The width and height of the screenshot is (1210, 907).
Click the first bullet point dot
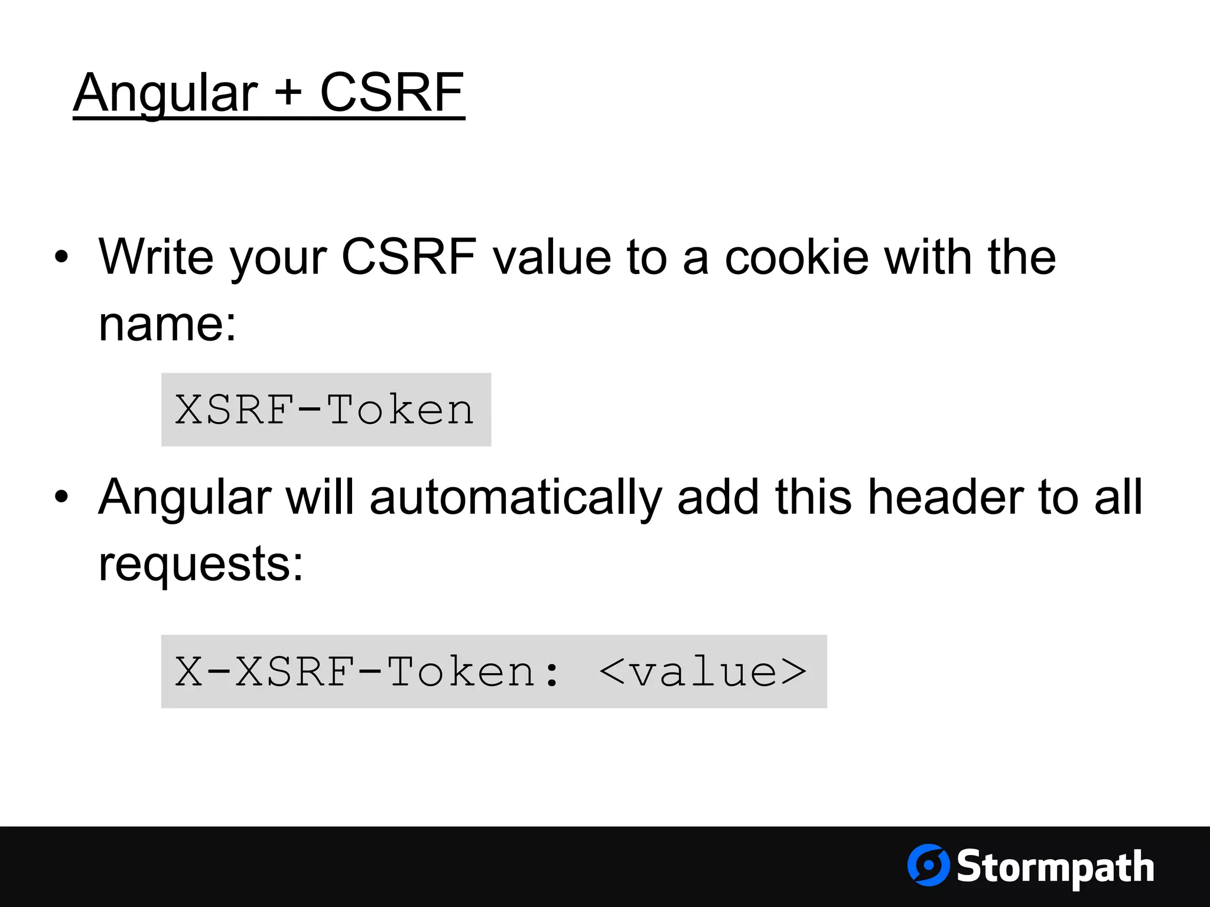[61, 257]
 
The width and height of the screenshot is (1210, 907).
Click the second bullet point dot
[61, 497]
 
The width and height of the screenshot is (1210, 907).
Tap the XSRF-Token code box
[326, 410]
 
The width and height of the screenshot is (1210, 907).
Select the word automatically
[516, 498]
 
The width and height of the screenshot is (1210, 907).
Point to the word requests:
[201, 564]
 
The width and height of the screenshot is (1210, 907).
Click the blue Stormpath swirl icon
[928, 865]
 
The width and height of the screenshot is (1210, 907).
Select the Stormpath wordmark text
[1055, 867]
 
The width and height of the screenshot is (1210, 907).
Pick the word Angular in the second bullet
[185, 498]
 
